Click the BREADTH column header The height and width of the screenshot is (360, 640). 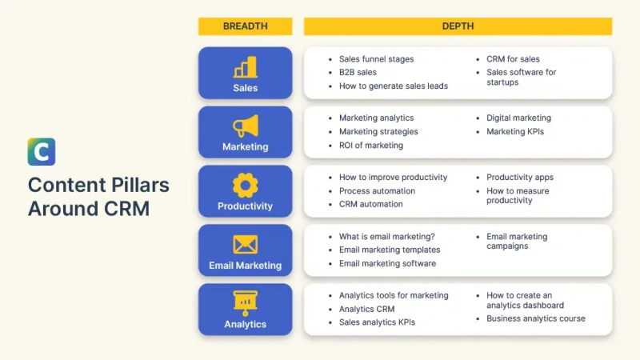(x=246, y=26)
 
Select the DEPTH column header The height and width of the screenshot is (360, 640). (x=458, y=26)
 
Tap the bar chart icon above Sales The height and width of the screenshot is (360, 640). (x=246, y=67)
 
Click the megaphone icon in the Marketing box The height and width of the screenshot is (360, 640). (x=246, y=126)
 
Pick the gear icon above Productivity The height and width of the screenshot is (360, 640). (x=246, y=185)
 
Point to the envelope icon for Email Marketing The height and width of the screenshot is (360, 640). (x=246, y=245)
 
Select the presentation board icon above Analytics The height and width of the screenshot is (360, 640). (x=246, y=303)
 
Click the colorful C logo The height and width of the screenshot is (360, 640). (x=42, y=152)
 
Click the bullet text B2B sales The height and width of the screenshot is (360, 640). (x=358, y=72)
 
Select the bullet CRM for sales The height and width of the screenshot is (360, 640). (x=513, y=59)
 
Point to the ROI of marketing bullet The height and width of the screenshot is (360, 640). (x=371, y=146)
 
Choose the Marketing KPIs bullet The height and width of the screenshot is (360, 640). (x=515, y=131)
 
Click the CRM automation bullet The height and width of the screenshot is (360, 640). (x=370, y=204)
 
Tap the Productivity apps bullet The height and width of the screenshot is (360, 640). (x=519, y=177)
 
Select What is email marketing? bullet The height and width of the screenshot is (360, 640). (x=387, y=236)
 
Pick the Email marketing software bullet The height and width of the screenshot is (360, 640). (x=387, y=263)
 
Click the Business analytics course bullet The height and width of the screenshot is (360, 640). (x=535, y=318)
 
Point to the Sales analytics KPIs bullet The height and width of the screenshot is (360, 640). (x=377, y=322)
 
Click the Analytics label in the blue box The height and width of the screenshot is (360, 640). (x=246, y=324)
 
